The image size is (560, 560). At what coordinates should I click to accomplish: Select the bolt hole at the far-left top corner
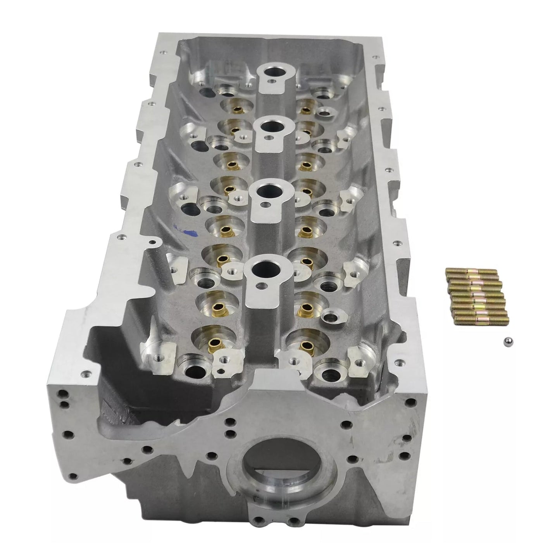point(165,50)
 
